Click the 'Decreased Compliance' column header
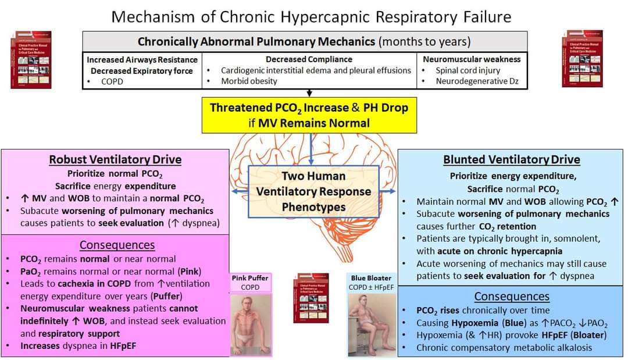click(x=309, y=59)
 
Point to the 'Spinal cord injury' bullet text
click(x=468, y=70)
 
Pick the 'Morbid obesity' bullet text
click(x=249, y=81)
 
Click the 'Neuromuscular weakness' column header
click(x=472, y=59)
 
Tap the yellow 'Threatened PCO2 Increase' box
click(x=309, y=115)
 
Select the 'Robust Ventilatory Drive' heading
click(x=115, y=159)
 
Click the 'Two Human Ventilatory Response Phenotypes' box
click(x=313, y=191)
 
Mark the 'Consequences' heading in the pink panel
click(x=117, y=245)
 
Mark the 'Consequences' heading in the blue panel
click(x=512, y=297)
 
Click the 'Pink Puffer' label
click(x=250, y=278)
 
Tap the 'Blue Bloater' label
click(x=371, y=278)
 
